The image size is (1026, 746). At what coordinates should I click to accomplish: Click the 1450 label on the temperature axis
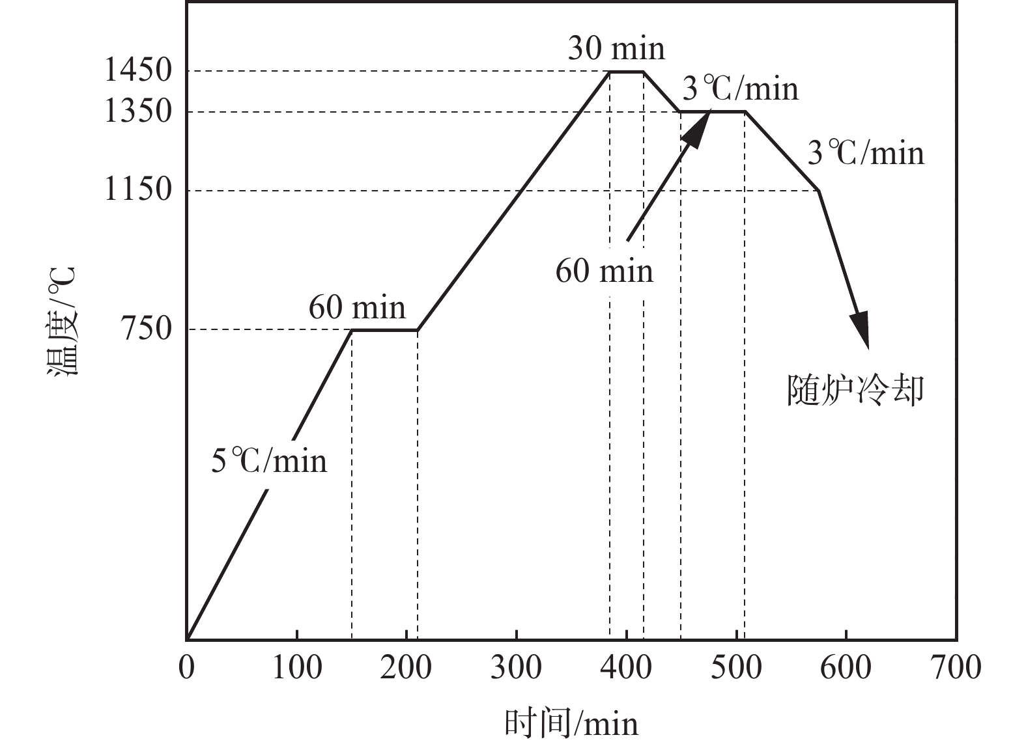pyautogui.click(x=137, y=71)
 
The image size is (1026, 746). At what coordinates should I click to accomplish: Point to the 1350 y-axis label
pyautogui.click(x=137, y=111)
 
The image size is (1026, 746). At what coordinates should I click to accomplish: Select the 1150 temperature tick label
pyautogui.click(x=137, y=190)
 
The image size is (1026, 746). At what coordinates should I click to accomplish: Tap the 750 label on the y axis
pyautogui.click(x=146, y=329)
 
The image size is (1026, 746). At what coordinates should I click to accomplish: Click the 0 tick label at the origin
pyautogui.click(x=187, y=667)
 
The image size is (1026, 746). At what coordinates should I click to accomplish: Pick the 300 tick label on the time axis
pyautogui.click(x=516, y=667)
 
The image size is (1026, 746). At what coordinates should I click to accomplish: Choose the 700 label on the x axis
pyautogui.click(x=956, y=667)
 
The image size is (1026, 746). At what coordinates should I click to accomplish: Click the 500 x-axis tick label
pyautogui.click(x=736, y=667)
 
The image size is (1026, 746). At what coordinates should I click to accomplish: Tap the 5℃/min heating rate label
pyautogui.click(x=269, y=461)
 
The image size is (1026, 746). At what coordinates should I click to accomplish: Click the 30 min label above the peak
pyautogui.click(x=616, y=49)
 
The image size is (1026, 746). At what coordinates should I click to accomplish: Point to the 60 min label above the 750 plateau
pyautogui.click(x=357, y=307)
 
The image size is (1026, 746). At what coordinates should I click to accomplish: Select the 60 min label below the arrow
pyautogui.click(x=604, y=271)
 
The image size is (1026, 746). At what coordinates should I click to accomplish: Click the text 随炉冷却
pyautogui.click(x=855, y=391)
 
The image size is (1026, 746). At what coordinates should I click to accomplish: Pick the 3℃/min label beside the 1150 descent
pyautogui.click(x=866, y=154)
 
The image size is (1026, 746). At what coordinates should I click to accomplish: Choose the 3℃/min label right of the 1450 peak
pyautogui.click(x=740, y=89)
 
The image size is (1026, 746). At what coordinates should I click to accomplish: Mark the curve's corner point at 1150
pyautogui.click(x=818, y=190)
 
